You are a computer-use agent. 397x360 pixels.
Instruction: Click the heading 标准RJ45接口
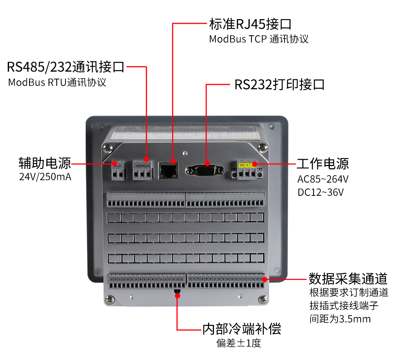tap(250, 24)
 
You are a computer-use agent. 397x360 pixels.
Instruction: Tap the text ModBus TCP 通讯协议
tap(258, 39)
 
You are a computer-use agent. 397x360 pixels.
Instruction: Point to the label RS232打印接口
tap(280, 85)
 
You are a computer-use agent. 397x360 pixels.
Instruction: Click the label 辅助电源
tap(44, 163)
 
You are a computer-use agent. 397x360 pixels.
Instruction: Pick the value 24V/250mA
tap(45, 177)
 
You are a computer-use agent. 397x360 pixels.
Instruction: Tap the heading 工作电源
tap(323, 163)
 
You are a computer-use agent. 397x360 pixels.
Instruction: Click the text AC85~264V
tap(323, 179)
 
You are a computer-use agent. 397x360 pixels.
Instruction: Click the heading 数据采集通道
tap(348, 278)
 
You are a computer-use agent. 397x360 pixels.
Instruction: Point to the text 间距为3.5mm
tap(340, 319)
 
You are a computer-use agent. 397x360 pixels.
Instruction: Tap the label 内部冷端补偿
tap(242, 329)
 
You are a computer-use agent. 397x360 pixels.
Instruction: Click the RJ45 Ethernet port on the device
tap(169, 171)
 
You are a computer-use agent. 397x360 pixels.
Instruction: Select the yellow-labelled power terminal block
tap(247, 171)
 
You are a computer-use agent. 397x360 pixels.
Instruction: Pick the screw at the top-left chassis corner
tap(107, 148)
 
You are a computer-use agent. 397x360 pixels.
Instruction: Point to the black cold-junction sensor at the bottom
tap(177, 292)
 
